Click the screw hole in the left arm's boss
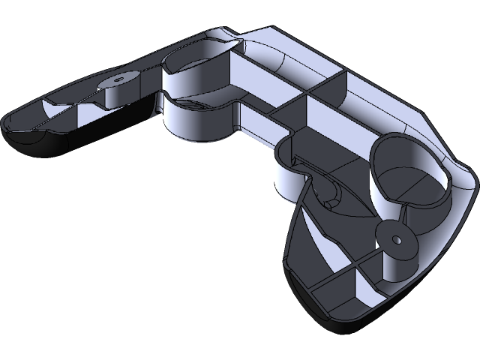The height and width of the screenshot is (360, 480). point(118,78)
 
